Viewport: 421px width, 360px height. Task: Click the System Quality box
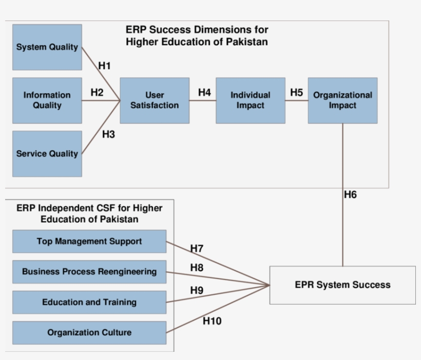[x=47, y=47]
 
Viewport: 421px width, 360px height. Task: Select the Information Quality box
[x=47, y=101]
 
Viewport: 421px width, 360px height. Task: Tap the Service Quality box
[x=47, y=154]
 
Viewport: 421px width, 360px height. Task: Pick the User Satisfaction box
[x=155, y=101]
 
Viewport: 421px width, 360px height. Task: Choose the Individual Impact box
[x=250, y=101]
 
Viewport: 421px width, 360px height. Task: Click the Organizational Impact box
[x=342, y=101]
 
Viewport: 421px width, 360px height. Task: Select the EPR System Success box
[x=342, y=285]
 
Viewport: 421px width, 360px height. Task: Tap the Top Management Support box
[x=89, y=242]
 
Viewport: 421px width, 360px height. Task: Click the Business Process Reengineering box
[x=89, y=272]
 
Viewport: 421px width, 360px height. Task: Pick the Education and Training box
[x=89, y=303]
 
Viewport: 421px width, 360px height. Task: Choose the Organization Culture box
[x=89, y=333]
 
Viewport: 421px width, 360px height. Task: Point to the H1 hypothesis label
[x=104, y=66]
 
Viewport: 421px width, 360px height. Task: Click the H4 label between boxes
[x=204, y=93]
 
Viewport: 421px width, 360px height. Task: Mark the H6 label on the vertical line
[x=350, y=195]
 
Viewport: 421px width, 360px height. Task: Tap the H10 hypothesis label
[x=212, y=322]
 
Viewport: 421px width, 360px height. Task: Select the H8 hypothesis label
[x=197, y=268]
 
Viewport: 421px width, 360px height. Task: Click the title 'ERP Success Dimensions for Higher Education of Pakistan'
[x=197, y=36]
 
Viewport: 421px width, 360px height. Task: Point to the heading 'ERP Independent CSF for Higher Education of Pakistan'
[x=89, y=214]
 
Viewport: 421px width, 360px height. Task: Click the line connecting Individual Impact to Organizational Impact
[x=296, y=101]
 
